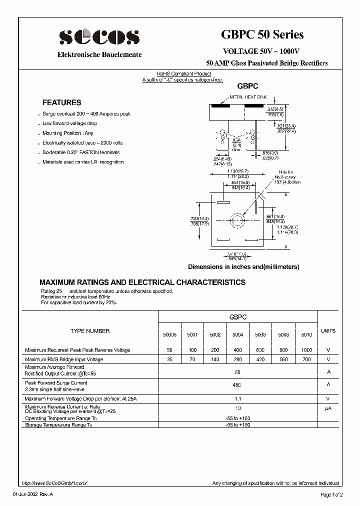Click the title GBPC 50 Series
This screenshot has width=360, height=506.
tap(262, 34)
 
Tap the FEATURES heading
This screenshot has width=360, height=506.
tap(61, 102)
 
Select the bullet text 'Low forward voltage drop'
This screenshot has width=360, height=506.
tap(69, 123)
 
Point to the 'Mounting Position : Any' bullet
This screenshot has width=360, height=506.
tap(68, 133)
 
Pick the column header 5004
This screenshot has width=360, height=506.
tap(237, 334)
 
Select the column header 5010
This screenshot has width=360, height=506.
tap(306, 334)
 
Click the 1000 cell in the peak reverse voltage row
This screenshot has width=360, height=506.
tap(306, 350)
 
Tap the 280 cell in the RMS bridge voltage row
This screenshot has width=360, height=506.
tap(237, 359)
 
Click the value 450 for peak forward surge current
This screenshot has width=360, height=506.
tap(237, 385)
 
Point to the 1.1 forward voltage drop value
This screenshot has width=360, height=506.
tap(237, 399)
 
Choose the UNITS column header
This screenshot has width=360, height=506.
tap(328, 331)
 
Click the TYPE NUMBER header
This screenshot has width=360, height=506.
tap(90, 331)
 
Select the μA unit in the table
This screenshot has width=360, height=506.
tap(328, 409)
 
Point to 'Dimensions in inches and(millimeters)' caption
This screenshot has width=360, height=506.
tap(243, 267)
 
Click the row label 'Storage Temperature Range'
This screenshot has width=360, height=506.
tap(59, 425)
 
